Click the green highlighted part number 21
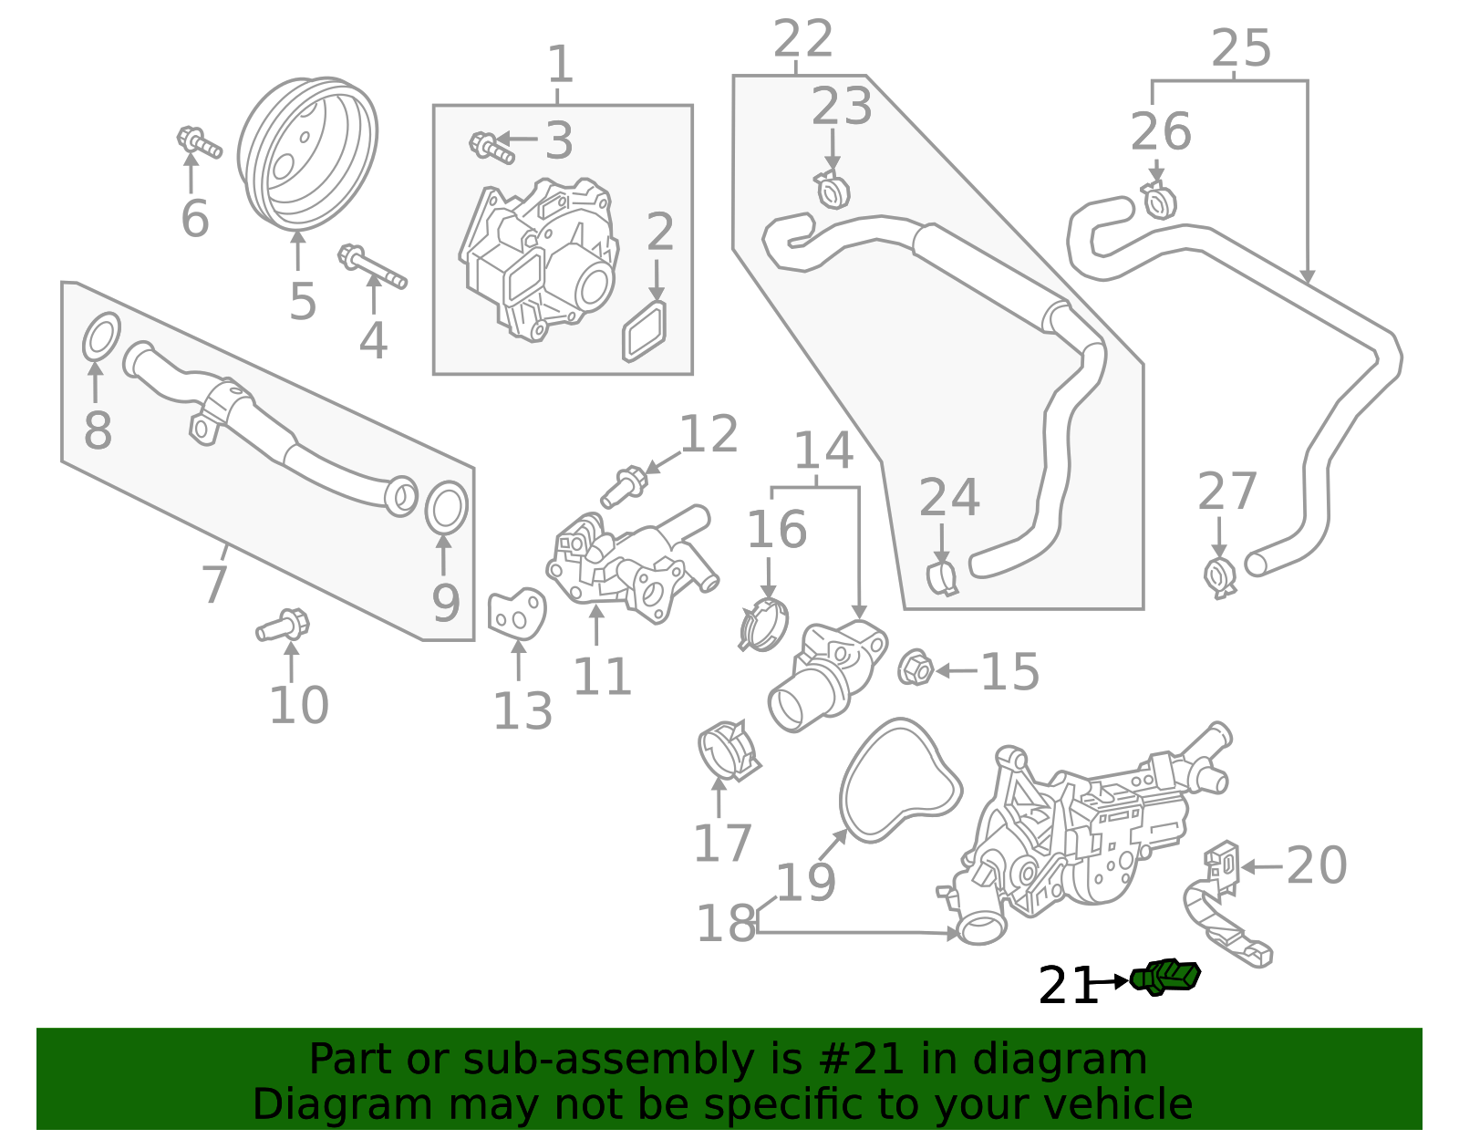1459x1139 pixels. [x=1166, y=977]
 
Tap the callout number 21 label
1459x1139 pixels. [x=1068, y=986]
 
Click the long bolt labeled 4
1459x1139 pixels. [x=372, y=265]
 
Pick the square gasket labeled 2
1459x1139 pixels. [x=645, y=331]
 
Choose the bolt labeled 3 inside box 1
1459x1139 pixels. [x=492, y=147]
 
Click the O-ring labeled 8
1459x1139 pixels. [x=101, y=337]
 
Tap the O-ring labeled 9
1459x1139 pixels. [x=447, y=508]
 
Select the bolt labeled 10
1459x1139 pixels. [x=284, y=626]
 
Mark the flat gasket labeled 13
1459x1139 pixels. [x=516, y=614]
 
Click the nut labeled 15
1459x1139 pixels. [x=915, y=668]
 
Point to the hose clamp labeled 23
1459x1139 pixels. [x=832, y=190]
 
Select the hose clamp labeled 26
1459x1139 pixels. [x=1158, y=201]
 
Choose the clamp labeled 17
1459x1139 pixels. [x=729, y=750]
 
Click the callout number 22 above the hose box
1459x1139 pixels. [x=802, y=39]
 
